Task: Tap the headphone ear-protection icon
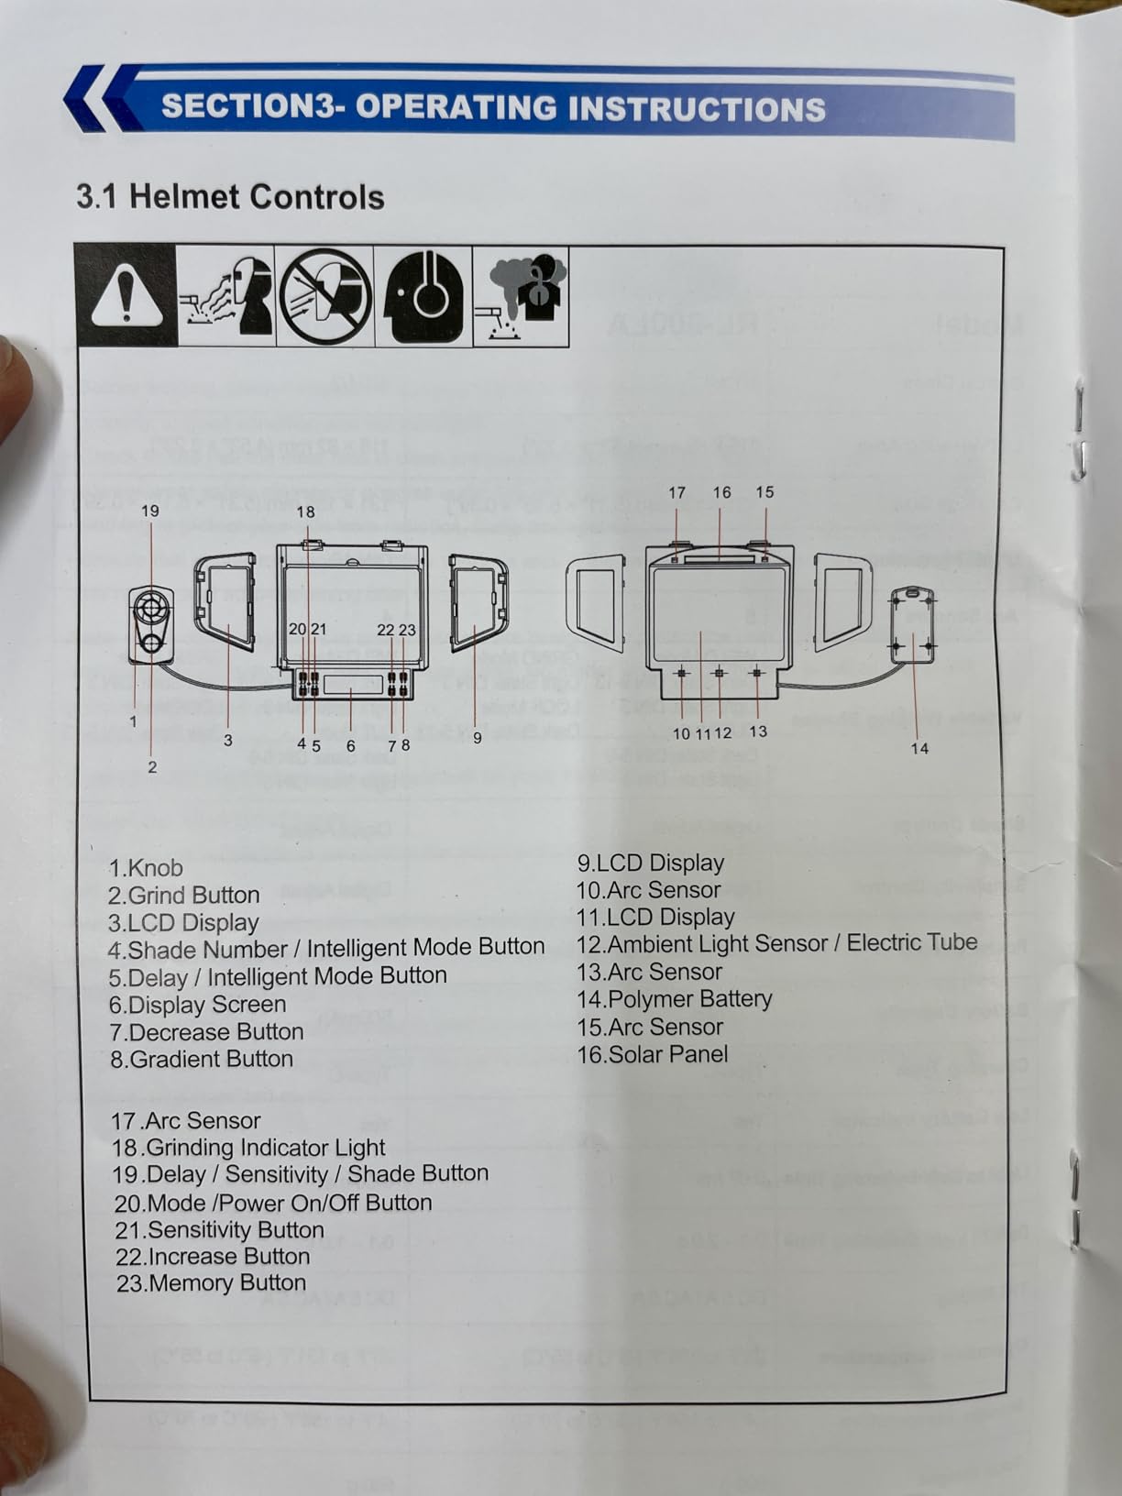[x=423, y=296]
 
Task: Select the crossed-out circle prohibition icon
[x=324, y=296]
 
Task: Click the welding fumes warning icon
[x=522, y=296]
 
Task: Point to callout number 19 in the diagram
[x=149, y=511]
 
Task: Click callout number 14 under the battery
[x=919, y=748]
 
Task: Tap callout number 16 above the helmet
[x=721, y=492]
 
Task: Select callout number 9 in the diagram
[x=477, y=737]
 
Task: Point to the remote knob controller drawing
[x=150, y=623]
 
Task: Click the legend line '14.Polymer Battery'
[x=674, y=998]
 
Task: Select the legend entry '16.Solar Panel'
[x=652, y=1053]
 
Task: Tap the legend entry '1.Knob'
[x=146, y=867]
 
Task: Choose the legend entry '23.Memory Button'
[x=211, y=1282]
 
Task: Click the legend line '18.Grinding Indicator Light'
[x=248, y=1147]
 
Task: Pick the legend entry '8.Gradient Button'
[x=201, y=1059]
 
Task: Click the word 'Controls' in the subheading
[x=317, y=197]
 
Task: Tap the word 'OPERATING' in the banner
[x=455, y=107]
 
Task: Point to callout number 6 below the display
[x=350, y=745]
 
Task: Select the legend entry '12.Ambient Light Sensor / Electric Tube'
[x=776, y=943]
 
